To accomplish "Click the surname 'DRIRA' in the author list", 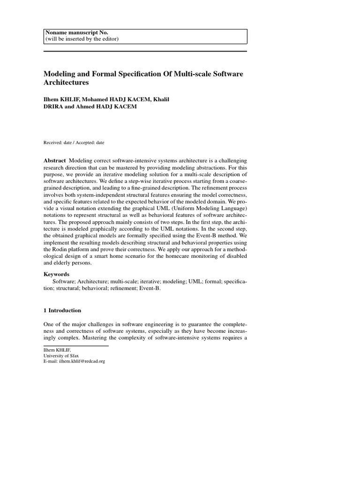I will [x=55, y=107].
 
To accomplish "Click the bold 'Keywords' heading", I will [x=56, y=274].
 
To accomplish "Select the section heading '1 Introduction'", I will [x=62, y=310].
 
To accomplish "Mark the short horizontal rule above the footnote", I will [x=76, y=346].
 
